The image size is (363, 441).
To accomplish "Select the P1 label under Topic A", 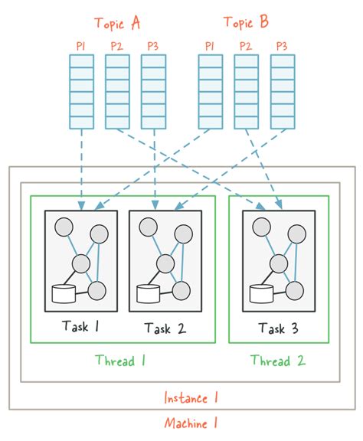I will (x=80, y=47).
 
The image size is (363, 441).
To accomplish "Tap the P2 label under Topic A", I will (x=116, y=47).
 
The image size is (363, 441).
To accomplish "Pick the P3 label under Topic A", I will (x=153, y=47).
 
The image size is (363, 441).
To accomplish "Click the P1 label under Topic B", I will (x=209, y=47).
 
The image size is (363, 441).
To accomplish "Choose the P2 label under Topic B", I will (x=246, y=47).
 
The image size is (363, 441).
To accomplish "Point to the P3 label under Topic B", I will (x=282, y=47).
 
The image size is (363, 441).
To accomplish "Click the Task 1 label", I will (x=80, y=328).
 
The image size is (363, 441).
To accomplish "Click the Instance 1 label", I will (x=191, y=397).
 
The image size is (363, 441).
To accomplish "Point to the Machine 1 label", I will (x=191, y=422).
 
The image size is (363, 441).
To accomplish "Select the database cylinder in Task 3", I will (x=260, y=293).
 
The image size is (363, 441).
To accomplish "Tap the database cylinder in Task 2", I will (x=147, y=293).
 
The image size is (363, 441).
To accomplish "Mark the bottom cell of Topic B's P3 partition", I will (x=282, y=121).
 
